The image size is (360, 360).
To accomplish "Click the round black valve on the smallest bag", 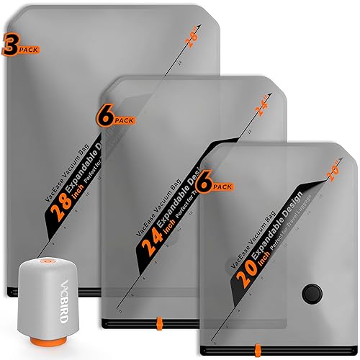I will point(310,293).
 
